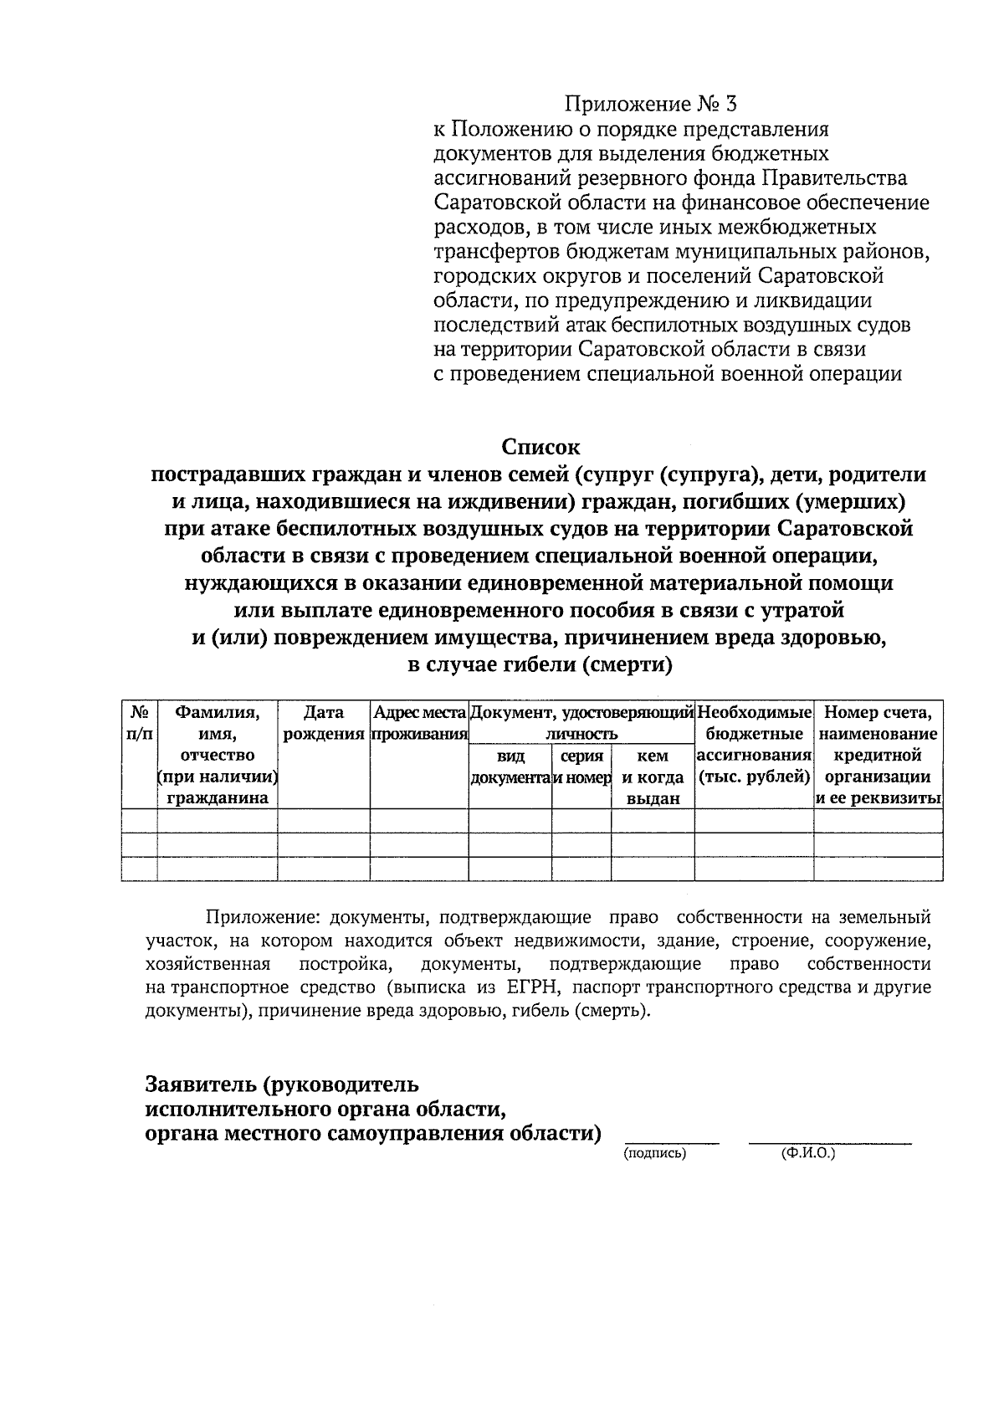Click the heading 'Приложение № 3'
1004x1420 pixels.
[651, 105]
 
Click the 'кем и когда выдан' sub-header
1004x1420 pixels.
[653, 777]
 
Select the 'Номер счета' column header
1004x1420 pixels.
[878, 713]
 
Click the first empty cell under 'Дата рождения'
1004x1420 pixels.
[324, 821]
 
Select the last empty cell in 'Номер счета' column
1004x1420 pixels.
[878, 869]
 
